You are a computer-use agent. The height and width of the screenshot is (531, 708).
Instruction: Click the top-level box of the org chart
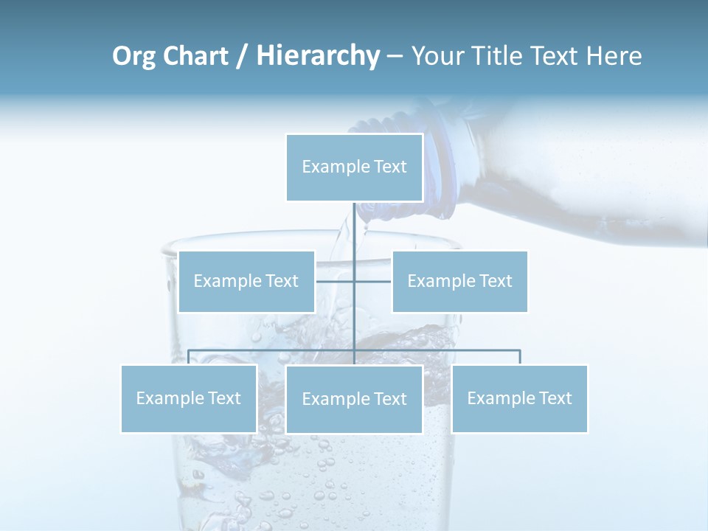[x=354, y=167]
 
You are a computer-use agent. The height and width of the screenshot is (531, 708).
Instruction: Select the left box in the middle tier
[x=246, y=281]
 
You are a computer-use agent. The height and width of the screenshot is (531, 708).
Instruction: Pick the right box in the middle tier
[x=459, y=281]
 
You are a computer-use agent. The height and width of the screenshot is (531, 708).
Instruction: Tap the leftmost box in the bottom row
[x=189, y=398]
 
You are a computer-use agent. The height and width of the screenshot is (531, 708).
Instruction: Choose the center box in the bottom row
[x=354, y=399]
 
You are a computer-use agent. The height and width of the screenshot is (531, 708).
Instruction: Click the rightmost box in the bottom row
[x=519, y=398]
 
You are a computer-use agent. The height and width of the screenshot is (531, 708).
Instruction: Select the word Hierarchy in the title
[x=318, y=56]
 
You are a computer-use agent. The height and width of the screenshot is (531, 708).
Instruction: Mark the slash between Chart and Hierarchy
[x=241, y=56]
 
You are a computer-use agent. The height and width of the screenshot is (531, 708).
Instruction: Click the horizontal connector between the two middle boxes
[x=336, y=281]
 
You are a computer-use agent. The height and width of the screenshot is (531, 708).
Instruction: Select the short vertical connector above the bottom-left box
[x=189, y=357]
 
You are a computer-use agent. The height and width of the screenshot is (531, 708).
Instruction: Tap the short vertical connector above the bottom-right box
[x=519, y=357]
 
